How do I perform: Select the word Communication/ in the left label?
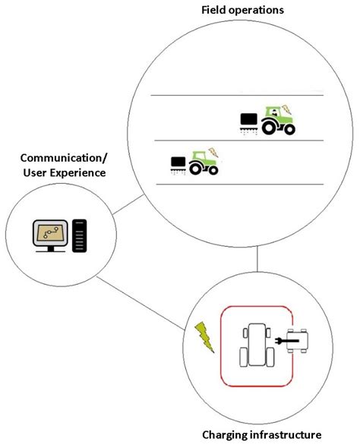64,157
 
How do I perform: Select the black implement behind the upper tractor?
248,120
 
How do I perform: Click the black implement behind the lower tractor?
178,162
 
